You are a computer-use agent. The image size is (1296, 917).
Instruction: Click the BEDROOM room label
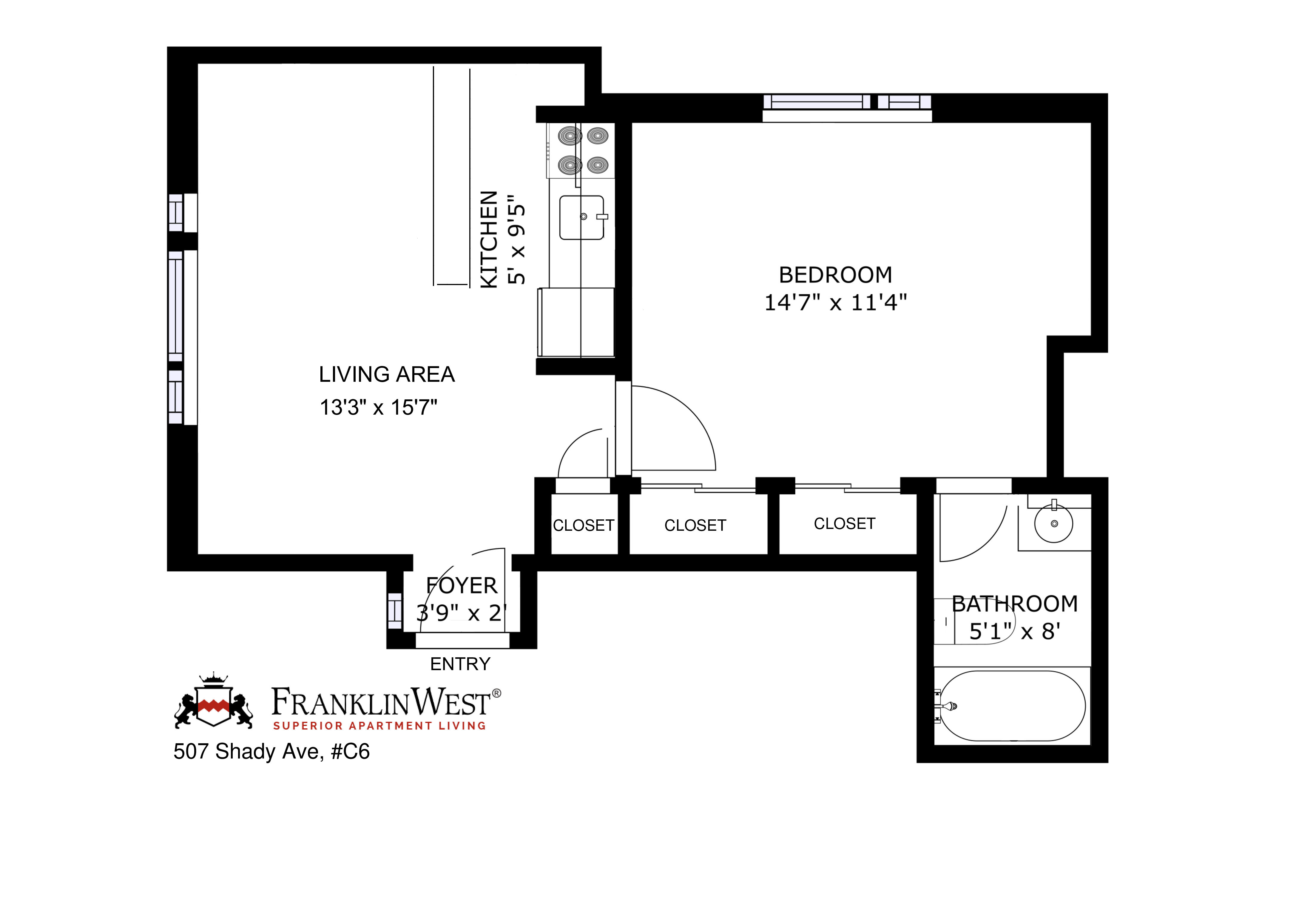835,275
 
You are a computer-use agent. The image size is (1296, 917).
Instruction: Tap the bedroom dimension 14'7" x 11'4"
835,303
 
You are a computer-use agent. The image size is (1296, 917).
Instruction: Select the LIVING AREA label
387,374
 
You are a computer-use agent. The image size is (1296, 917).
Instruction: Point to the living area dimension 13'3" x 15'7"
379,407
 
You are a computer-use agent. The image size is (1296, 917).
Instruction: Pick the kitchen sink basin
581,217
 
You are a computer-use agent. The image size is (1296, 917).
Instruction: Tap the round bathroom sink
1053,524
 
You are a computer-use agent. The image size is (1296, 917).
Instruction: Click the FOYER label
462,586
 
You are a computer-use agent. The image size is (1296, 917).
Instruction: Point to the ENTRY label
460,664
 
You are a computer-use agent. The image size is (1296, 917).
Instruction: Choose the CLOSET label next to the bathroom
844,524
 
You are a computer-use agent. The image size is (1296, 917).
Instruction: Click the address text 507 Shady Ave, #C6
271,752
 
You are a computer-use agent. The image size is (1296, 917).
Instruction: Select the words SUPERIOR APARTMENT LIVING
379,726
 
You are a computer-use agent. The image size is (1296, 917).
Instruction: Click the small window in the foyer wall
394,610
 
